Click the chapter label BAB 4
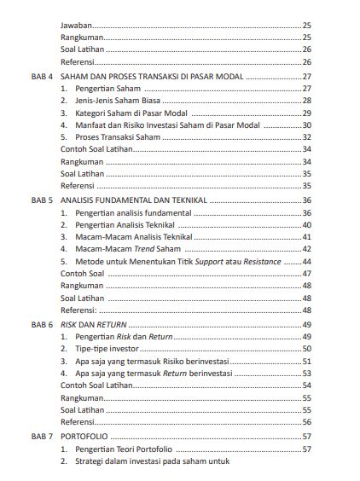pyautogui.click(x=43, y=77)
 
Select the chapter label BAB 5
pyautogui.click(x=43, y=200)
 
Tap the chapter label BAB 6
pyautogui.click(x=43, y=324)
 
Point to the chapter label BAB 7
pyautogui.click(x=43, y=436)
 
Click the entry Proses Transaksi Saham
pyautogui.click(x=119, y=136)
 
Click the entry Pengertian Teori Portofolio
pyautogui.click(x=124, y=449)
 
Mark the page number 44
pyautogui.click(x=307, y=261)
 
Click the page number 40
pyautogui.click(x=307, y=224)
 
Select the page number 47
pyautogui.click(x=307, y=274)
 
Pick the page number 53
pyautogui.click(x=307, y=373)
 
